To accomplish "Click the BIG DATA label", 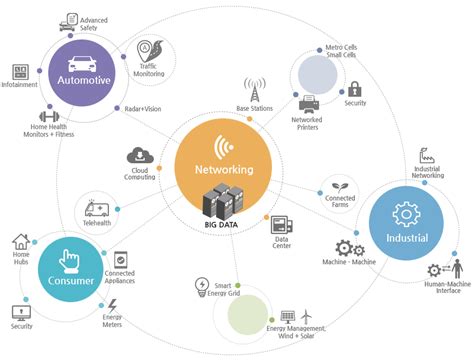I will click(x=222, y=224).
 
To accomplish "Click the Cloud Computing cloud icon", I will click(x=138, y=156).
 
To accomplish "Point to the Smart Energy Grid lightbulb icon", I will click(x=200, y=288).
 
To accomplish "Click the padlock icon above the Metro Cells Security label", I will click(x=354, y=89).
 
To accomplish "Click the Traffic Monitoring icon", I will click(x=146, y=49).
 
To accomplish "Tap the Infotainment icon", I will click(x=20, y=73).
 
